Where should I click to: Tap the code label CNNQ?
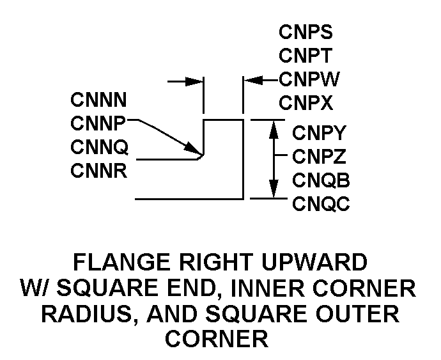pos(100,148)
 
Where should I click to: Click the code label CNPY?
pos(320,133)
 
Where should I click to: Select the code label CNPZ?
pos(320,156)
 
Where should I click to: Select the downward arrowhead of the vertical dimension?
pos(274,190)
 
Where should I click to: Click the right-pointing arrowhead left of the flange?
pos(194,82)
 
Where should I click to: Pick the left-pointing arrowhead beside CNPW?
pos(252,81)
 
